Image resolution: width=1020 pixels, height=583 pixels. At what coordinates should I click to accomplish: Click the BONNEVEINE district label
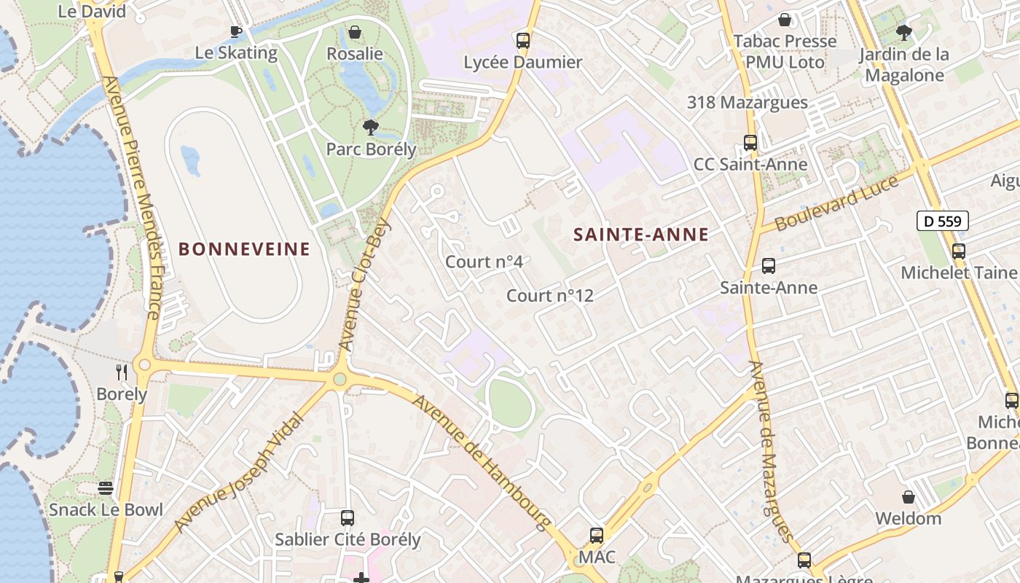pyautogui.click(x=244, y=249)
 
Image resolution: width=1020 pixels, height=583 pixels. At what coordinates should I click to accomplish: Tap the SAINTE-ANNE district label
pyautogui.click(x=641, y=234)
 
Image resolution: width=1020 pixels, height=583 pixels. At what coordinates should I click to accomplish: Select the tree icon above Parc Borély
pyautogui.click(x=371, y=128)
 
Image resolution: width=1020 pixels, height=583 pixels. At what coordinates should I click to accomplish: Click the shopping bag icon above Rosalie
pyautogui.click(x=355, y=32)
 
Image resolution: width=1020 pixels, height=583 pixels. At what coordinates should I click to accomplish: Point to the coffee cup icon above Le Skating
pyautogui.click(x=236, y=31)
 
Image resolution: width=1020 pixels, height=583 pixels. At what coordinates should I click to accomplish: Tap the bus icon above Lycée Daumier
pyautogui.click(x=523, y=41)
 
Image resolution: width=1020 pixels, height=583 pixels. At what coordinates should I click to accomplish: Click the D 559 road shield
pyautogui.click(x=942, y=221)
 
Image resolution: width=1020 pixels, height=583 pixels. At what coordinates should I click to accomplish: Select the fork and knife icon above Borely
pyautogui.click(x=122, y=372)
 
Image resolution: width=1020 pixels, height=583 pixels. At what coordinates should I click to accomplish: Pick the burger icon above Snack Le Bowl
pyautogui.click(x=106, y=488)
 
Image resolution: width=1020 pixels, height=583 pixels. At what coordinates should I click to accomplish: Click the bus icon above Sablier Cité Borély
pyautogui.click(x=348, y=518)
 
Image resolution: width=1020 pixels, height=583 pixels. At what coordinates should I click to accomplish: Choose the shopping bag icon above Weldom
pyautogui.click(x=909, y=497)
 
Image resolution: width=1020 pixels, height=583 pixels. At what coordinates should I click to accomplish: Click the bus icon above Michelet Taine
pyautogui.click(x=959, y=251)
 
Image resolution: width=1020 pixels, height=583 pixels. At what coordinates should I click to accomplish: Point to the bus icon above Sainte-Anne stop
pyautogui.click(x=769, y=266)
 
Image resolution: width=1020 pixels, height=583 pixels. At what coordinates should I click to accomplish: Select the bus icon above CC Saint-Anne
pyautogui.click(x=750, y=143)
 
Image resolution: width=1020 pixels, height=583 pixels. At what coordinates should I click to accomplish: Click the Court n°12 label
pyautogui.click(x=550, y=295)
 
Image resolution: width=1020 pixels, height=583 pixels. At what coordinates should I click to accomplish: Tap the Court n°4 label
pyautogui.click(x=484, y=262)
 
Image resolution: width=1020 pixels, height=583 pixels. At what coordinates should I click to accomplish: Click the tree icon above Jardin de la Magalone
pyautogui.click(x=904, y=33)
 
